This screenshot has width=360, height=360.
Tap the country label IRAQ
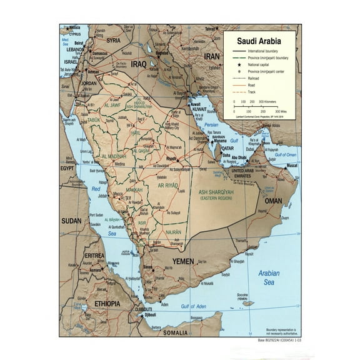[138, 64]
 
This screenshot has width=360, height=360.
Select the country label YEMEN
[183, 261]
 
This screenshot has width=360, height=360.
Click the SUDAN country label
[71, 221]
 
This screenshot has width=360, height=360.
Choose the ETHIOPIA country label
[107, 303]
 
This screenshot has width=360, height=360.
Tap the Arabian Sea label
[269, 278]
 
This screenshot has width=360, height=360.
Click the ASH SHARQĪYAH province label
[216, 192]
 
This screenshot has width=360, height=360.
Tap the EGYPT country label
[67, 168]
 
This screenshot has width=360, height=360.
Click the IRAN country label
[212, 56]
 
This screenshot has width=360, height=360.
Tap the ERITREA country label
[95, 256]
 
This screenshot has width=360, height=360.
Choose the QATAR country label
[236, 149]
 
